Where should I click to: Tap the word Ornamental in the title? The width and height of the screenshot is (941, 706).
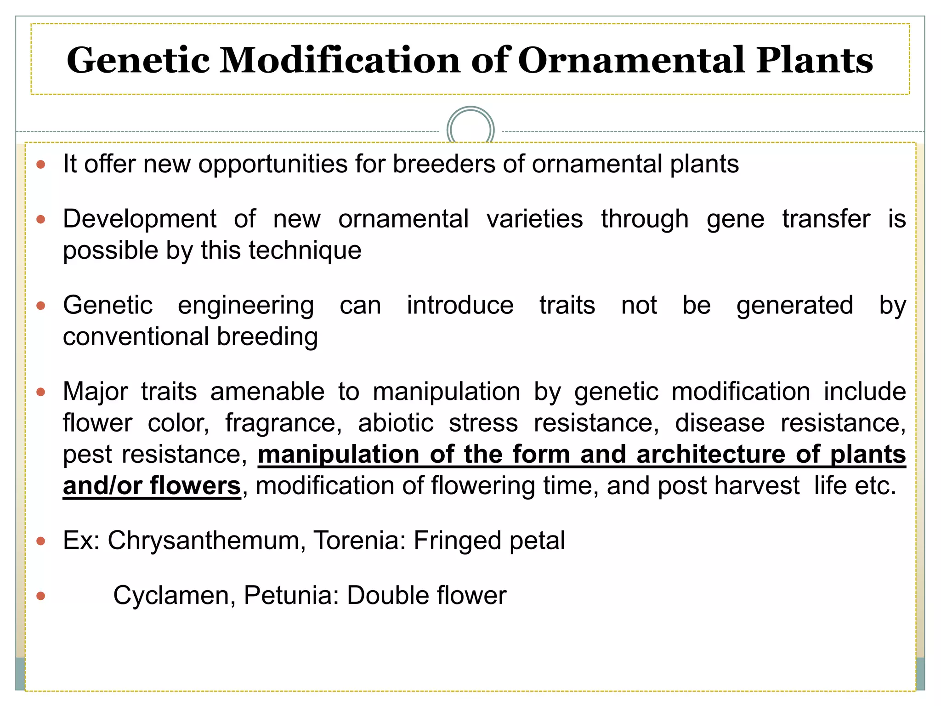[632, 60]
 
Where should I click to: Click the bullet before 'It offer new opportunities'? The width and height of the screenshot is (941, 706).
[41, 164]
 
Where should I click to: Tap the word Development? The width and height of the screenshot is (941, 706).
[140, 219]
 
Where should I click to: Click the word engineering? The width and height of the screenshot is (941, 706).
[246, 306]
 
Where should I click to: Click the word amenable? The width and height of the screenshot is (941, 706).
[267, 392]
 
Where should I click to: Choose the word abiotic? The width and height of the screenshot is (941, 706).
[396, 423]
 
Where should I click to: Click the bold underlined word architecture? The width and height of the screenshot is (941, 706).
[711, 455]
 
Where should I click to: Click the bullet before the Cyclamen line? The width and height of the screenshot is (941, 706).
[41, 596]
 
